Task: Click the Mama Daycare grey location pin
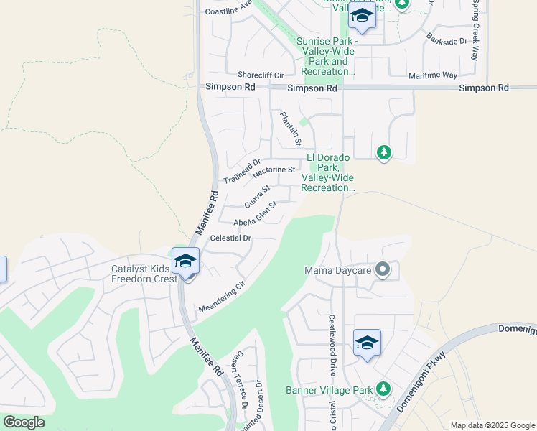(x=383, y=271)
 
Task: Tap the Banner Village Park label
(x=329, y=390)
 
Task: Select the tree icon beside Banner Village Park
(x=383, y=389)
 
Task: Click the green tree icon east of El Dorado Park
(x=384, y=152)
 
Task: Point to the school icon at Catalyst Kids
(x=185, y=261)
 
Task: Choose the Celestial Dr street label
(x=230, y=238)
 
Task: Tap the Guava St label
(x=256, y=195)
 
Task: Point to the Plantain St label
(x=291, y=126)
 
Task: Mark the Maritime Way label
(x=434, y=75)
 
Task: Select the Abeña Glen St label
(x=255, y=214)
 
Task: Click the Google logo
(x=24, y=422)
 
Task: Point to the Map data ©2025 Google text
(x=492, y=425)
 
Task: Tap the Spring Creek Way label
(x=475, y=29)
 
